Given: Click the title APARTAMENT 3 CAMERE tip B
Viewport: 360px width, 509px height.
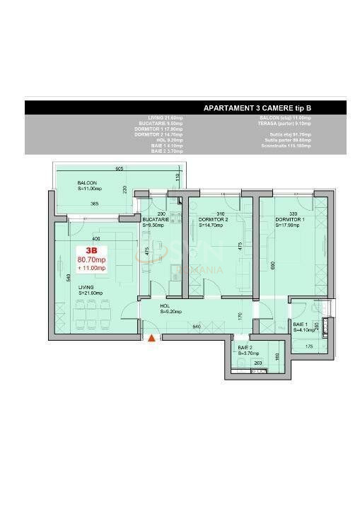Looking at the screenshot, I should click(x=257, y=108).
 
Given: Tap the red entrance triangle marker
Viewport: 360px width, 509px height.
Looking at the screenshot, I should click(x=151, y=338).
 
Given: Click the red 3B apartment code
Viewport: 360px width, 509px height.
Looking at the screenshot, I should click(x=91, y=250).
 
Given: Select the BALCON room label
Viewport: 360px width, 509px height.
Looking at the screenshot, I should click(x=88, y=183).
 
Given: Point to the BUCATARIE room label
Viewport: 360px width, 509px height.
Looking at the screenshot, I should click(x=155, y=220).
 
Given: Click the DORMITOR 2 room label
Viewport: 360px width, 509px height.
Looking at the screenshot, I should click(x=213, y=220).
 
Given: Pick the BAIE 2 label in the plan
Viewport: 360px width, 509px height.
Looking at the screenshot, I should click(x=245, y=348).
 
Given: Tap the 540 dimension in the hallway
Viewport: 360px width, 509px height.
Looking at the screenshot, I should click(x=197, y=327).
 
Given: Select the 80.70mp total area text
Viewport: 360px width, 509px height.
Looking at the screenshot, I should click(x=91, y=259).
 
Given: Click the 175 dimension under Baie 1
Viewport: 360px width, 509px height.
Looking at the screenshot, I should click(x=308, y=346).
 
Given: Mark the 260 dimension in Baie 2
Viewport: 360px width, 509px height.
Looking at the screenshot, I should click(x=258, y=363).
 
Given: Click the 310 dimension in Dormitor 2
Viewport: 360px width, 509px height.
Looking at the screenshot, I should click(x=220, y=213).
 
